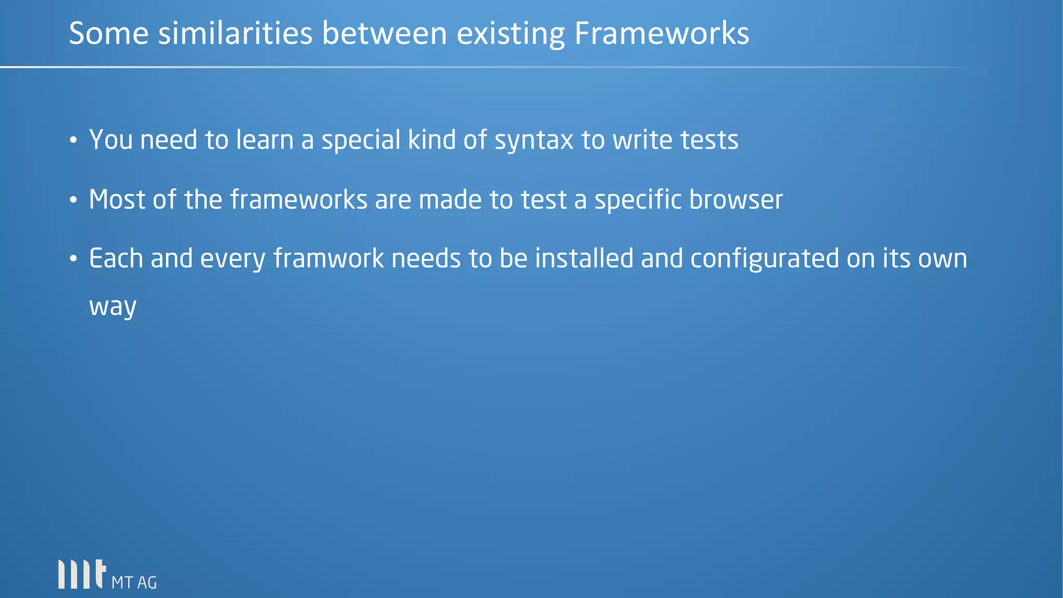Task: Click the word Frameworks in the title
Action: pos(661,34)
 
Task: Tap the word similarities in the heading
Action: pos(235,34)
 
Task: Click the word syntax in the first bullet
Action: pos(534,141)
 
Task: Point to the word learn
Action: pos(265,140)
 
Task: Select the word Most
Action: pos(117,200)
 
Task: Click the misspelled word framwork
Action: pos(328,259)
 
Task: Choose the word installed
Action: pos(584,259)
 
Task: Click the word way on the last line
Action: pos(113,306)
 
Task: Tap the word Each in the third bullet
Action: pos(116,259)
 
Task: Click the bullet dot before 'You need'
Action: pos(73,141)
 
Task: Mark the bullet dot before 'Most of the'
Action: pos(73,200)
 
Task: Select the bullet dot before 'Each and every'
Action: pos(73,259)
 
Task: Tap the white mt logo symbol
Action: pos(82,574)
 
